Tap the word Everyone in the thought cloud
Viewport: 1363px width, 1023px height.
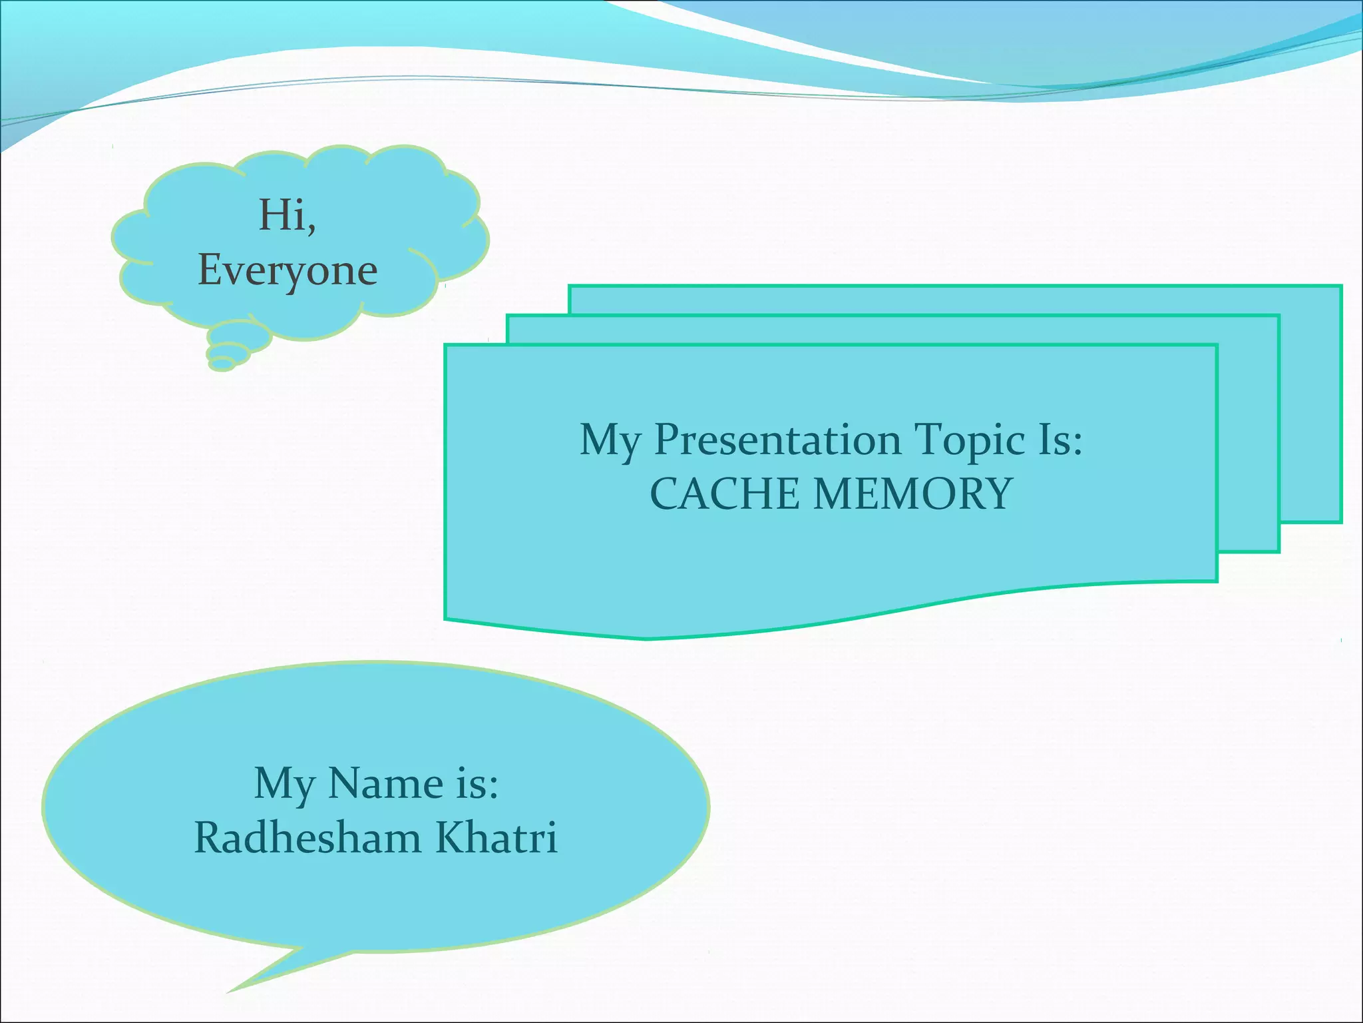click(288, 270)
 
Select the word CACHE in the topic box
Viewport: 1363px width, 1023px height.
click(724, 494)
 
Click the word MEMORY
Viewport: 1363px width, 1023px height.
click(913, 494)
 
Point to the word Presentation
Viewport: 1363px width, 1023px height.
click(777, 440)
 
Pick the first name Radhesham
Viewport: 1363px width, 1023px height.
click(307, 837)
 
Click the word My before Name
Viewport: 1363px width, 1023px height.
click(284, 785)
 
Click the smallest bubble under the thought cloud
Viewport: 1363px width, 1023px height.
click(222, 364)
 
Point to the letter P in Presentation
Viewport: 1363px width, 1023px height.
click(669, 440)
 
